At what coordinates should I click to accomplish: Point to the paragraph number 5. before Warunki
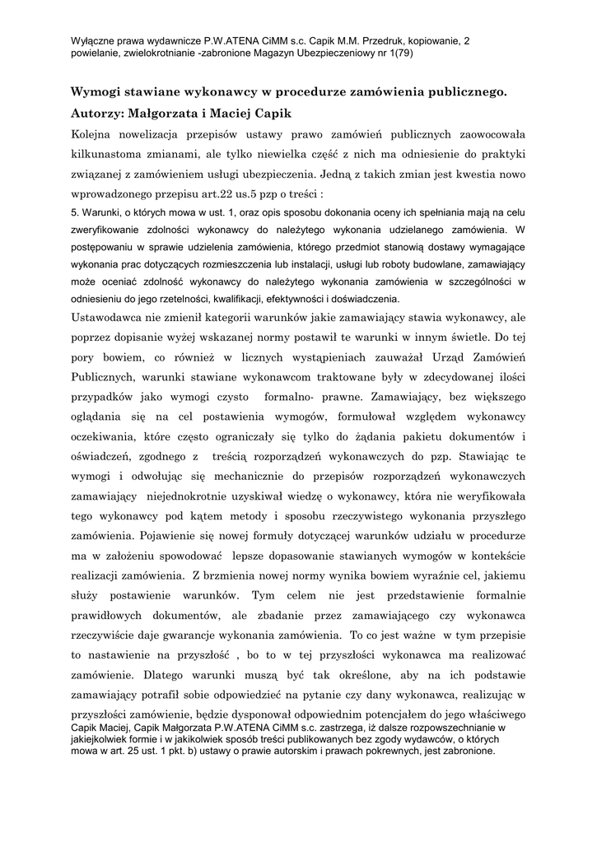(x=75, y=213)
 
